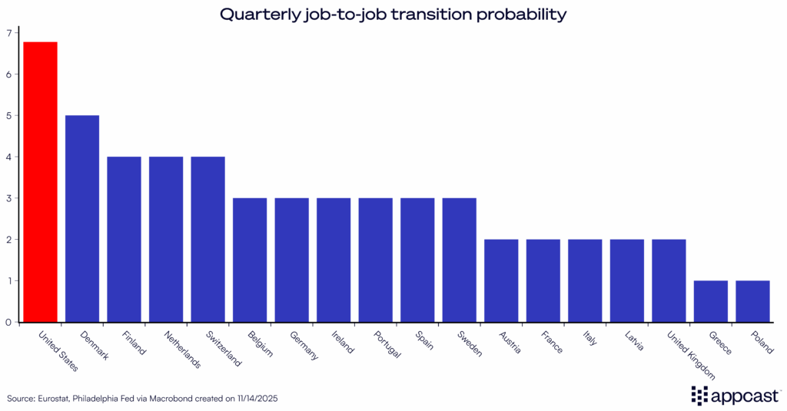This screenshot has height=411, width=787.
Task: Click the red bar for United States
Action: tap(40, 181)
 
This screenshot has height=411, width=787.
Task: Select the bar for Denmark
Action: tap(82, 218)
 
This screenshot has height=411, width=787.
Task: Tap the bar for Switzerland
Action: tap(208, 239)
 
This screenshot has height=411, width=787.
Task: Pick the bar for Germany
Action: tap(291, 260)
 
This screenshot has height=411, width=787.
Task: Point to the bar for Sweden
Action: tap(459, 260)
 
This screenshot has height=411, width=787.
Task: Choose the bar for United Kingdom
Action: tap(669, 280)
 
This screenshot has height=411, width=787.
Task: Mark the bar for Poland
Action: tap(752, 301)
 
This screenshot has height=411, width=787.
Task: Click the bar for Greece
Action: tap(710, 301)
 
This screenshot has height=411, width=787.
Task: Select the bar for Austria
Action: tap(501, 280)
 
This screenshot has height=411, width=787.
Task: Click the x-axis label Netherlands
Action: tap(183, 350)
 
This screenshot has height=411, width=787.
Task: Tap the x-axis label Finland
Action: tap(134, 343)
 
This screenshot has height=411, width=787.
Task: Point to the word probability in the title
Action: tap(524, 14)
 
